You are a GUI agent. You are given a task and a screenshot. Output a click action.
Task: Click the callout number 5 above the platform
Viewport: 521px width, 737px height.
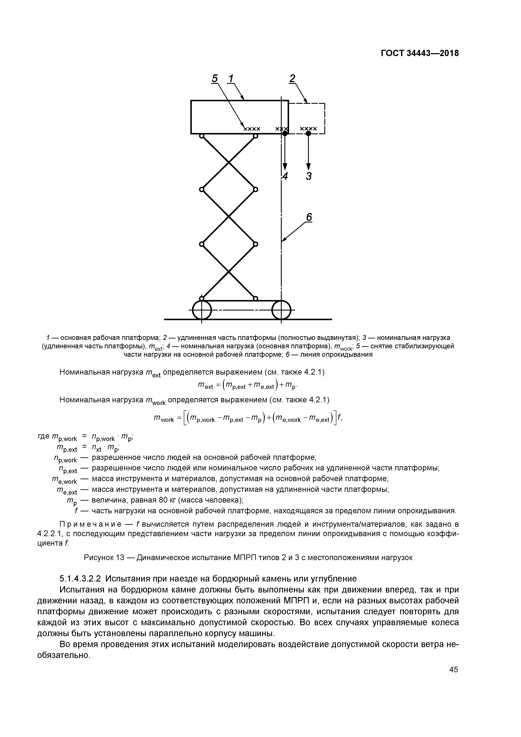[x=215, y=78]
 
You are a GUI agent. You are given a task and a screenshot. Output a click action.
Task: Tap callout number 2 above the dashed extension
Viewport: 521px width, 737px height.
[x=292, y=78]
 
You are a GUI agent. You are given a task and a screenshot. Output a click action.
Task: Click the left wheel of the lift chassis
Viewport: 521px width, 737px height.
[x=202, y=310]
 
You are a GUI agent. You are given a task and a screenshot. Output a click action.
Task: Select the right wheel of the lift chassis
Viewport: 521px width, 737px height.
[x=281, y=310]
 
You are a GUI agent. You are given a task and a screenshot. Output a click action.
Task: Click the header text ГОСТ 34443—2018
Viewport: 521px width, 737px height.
[x=420, y=53]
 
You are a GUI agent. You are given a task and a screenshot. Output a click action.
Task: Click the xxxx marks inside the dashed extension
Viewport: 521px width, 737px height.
[x=308, y=129]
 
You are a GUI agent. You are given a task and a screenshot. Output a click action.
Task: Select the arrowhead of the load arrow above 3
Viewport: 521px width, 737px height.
[x=308, y=167]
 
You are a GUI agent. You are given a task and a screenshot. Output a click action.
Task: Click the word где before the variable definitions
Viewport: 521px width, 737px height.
[x=44, y=436]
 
